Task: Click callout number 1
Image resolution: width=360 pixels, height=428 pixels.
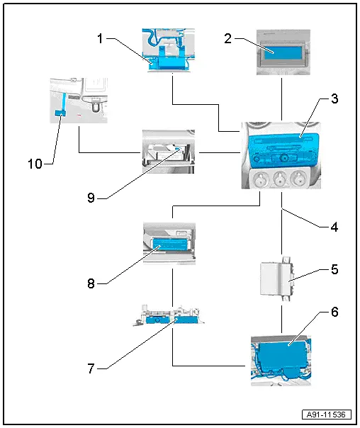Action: point(100,38)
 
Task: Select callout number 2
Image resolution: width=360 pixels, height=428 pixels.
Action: point(228,38)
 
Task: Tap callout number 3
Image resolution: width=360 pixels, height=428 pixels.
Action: point(334,98)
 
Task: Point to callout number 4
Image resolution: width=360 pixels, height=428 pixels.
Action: point(334,227)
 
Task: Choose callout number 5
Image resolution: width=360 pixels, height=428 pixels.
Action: point(334,269)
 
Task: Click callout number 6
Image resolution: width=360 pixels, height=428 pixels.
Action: point(334,312)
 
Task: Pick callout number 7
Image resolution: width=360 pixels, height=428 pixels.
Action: point(91,368)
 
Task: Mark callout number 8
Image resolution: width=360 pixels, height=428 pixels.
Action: point(91,283)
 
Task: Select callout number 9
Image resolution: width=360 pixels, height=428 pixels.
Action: point(91,198)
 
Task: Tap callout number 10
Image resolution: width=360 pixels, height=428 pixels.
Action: point(35,164)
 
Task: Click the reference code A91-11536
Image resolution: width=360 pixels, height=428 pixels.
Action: point(326,415)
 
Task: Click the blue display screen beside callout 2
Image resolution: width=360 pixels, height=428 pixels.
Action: point(284,53)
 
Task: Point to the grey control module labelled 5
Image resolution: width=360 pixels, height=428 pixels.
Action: point(276,278)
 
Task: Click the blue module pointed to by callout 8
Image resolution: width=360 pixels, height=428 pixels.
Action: point(171,244)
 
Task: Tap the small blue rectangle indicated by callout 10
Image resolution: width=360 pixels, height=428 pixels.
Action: point(61,113)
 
